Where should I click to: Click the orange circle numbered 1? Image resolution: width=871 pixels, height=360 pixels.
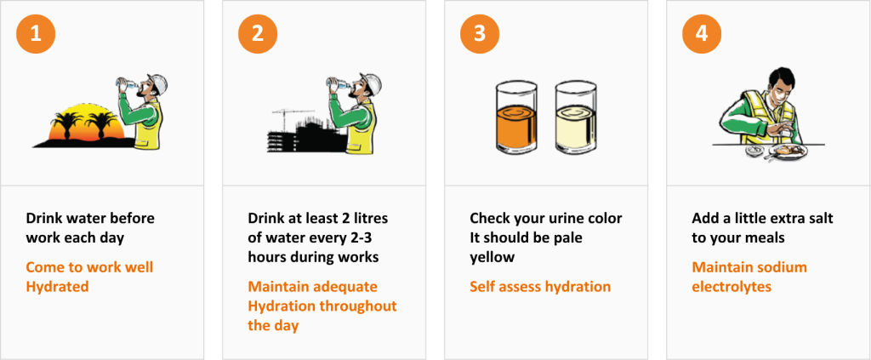[36, 35]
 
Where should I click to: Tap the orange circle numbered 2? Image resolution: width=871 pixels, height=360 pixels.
[258, 35]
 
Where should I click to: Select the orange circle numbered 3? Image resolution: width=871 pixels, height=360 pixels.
[480, 35]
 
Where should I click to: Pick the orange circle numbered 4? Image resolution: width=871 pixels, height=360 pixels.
[702, 35]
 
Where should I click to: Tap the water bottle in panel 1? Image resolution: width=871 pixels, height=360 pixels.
[127, 83]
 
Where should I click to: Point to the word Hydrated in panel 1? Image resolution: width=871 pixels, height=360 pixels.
[57, 287]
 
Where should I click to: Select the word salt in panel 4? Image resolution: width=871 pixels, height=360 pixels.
[815, 219]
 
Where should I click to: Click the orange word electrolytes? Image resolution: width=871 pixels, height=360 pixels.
[732, 287]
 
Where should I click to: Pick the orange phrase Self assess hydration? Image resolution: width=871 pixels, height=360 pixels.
[540, 287]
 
